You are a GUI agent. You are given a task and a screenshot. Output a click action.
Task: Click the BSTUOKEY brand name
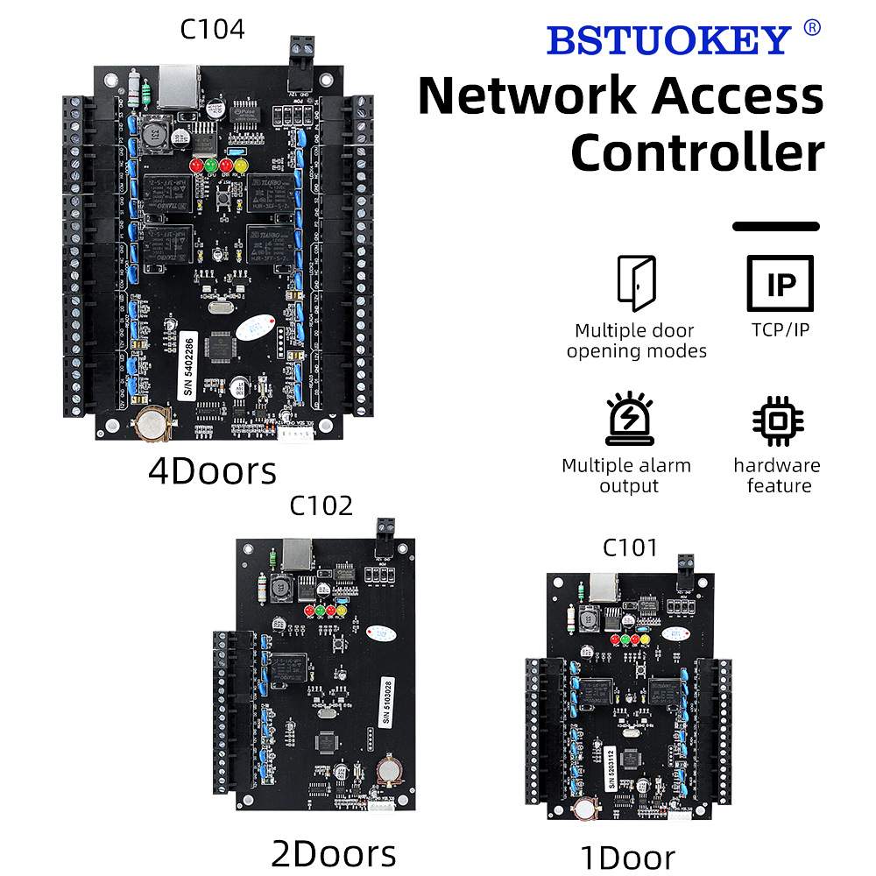(x=669, y=40)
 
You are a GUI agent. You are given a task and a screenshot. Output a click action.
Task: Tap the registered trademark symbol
(x=811, y=28)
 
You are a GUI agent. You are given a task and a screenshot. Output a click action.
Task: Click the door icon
(x=636, y=283)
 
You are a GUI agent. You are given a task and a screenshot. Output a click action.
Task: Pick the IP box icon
(x=780, y=283)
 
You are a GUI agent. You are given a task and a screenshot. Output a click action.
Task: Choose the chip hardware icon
(x=777, y=421)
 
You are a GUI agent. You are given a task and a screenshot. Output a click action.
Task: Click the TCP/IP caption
(x=780, y=330)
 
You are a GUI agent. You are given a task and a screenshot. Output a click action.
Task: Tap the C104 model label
(x=212, y=29)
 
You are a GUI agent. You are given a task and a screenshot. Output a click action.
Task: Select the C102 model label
(x=321, y=505)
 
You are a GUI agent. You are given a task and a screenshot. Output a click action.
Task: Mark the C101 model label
(x=630, y=548)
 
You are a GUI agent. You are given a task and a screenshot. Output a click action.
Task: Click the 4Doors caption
(x=212, y=471)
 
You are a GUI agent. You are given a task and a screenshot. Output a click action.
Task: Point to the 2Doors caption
(x=333, y=852)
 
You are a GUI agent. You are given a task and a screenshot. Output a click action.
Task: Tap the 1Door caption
(x=627, y=857)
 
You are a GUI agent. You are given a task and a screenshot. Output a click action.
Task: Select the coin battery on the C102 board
(x=389, y=768)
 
